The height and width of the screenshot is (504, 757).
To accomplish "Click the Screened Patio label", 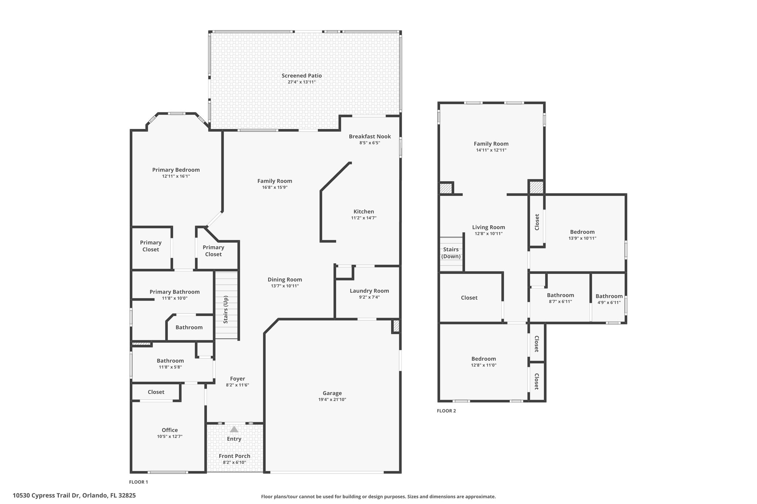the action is [302, 76].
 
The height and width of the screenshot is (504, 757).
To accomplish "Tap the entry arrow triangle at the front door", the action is [234, 429].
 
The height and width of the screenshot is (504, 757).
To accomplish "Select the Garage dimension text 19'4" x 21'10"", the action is [332, 400].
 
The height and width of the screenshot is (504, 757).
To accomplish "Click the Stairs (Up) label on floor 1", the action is [225, 309].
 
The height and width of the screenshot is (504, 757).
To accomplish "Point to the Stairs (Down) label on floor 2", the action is [451, 253].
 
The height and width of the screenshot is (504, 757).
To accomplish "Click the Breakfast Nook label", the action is [370, 137].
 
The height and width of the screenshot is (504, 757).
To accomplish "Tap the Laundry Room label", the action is [369, 291].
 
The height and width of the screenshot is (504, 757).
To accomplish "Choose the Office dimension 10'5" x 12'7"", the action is [170, 436].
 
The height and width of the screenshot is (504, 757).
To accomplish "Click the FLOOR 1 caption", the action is [138, 482].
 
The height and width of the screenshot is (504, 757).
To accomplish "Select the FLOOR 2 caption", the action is [446, 411].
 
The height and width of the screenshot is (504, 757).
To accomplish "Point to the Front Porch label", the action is [234, 456].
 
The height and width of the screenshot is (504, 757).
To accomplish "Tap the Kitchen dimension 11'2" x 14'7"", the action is [364, 218].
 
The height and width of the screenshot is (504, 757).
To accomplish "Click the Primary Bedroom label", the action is [176, 170].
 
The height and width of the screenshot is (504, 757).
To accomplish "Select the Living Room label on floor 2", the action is [488, 227].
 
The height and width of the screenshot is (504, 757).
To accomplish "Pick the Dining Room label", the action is [285, 280].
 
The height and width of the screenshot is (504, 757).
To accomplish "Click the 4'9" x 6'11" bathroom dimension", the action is [609, 302].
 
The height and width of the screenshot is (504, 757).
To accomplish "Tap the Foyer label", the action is [237, 379].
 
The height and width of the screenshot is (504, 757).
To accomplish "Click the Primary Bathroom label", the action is [174, 292].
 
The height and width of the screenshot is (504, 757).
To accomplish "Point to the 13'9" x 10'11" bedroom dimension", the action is [582, 238].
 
